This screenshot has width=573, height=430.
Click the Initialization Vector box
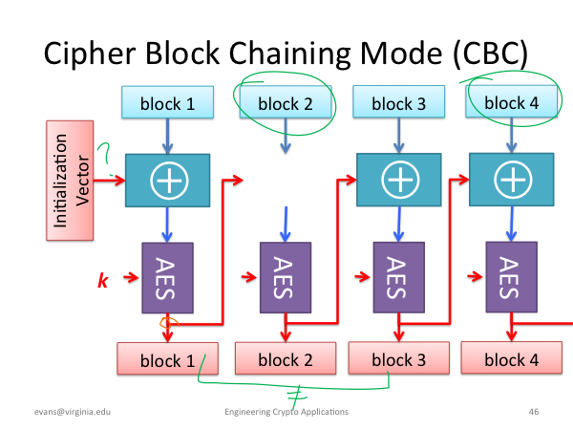(70, 181)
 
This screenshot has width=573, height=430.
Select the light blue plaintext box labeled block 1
(167, 102)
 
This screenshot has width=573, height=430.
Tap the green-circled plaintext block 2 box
(286, 102)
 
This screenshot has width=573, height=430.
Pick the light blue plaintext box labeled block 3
(398, 101)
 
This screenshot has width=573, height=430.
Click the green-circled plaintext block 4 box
(511, 101)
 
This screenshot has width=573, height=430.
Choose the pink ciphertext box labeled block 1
(167, 358)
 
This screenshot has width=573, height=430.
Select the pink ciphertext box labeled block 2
(286, 358)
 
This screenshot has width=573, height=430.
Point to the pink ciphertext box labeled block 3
(398, 358)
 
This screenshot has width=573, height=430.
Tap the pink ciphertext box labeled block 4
(511, 357)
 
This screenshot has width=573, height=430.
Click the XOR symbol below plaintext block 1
(169, 181)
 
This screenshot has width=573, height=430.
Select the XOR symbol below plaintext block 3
(400, 180)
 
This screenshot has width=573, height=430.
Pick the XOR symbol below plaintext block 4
(513, 180)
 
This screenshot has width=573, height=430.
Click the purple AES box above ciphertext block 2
(286, 277)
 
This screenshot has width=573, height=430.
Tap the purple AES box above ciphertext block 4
(511, 277)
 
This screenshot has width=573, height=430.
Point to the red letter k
(103, 280)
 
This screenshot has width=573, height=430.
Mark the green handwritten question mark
(105, 158)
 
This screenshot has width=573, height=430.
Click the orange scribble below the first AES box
(169, 323)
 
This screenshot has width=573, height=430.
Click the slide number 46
(534, 412)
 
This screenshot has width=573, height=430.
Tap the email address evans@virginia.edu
(73, 412)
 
